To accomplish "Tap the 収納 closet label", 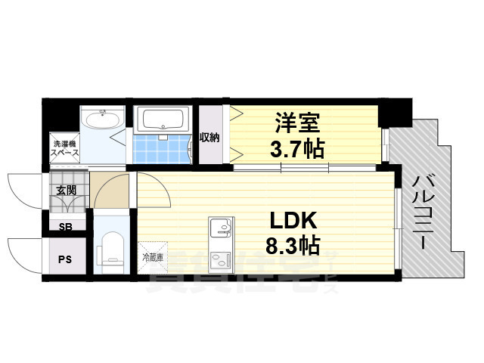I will pos(209,138).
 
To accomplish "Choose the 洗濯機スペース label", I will pos(63,147).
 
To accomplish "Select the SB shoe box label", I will pos(64,225).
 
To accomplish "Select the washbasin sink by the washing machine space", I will pos(101,120).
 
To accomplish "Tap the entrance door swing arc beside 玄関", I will pos(24,189).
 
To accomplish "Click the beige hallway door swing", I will pos(113,191).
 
